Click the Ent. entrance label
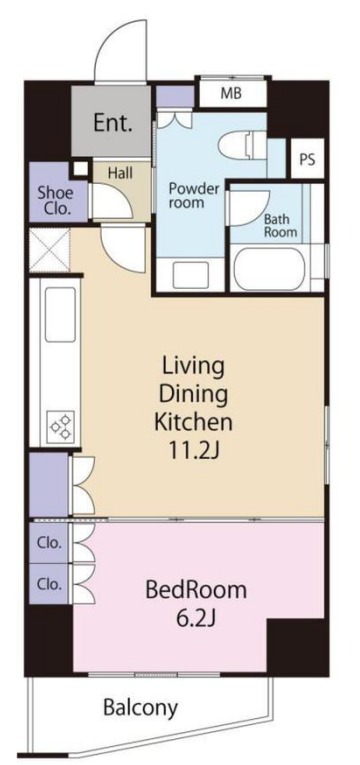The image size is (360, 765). coord(113,123)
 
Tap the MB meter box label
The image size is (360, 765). coord(231,93)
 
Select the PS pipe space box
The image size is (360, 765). coord(308,159)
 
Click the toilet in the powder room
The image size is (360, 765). coord(241,146)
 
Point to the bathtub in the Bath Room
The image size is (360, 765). coord(269,269)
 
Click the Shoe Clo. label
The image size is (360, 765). coord(56,201)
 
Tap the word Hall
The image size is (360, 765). coord(120,172)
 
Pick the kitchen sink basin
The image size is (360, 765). coord(60,314)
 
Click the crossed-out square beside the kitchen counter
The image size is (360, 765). coord(49,251)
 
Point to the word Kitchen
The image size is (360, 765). coord(193,422)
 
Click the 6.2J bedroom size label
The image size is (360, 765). coord(196,619)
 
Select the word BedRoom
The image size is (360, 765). coord(196,590)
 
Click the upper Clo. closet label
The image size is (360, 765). coord(50,543)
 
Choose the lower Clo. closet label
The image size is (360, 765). coord(50,584)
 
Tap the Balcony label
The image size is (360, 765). coord(140,707)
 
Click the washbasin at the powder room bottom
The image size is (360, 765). coord(191,275)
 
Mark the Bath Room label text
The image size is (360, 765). coord(280,225)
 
